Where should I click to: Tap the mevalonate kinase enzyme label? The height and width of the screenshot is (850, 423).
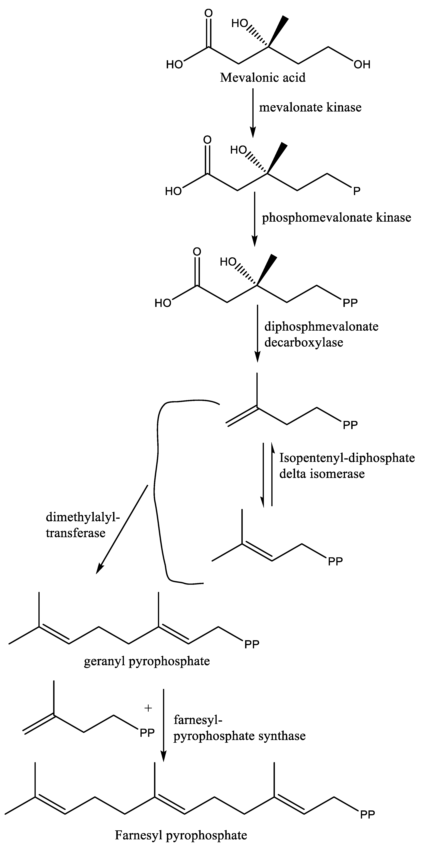[310, 107]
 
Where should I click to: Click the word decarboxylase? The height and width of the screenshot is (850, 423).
[304, 342]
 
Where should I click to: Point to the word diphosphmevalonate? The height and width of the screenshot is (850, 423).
[321, 326]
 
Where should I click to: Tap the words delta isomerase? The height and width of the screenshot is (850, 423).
[322, 474]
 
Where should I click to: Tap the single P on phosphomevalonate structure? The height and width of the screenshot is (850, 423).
[357, 191]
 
